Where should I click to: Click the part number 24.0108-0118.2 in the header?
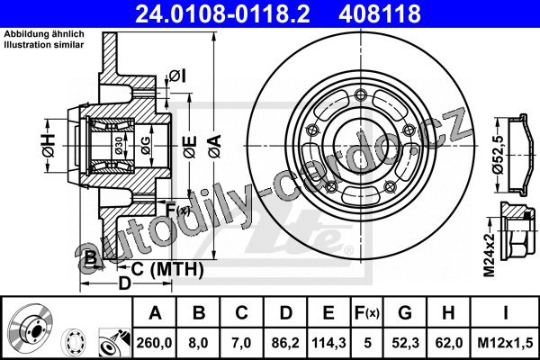222,13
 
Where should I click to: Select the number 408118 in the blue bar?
380,13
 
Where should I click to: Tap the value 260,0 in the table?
154,343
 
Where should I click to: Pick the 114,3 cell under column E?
328,343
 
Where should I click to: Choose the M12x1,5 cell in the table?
505,343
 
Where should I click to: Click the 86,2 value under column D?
285,343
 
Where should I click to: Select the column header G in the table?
405,313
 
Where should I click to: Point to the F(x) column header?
367,313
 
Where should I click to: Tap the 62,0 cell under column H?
448,343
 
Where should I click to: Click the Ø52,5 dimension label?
499,155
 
